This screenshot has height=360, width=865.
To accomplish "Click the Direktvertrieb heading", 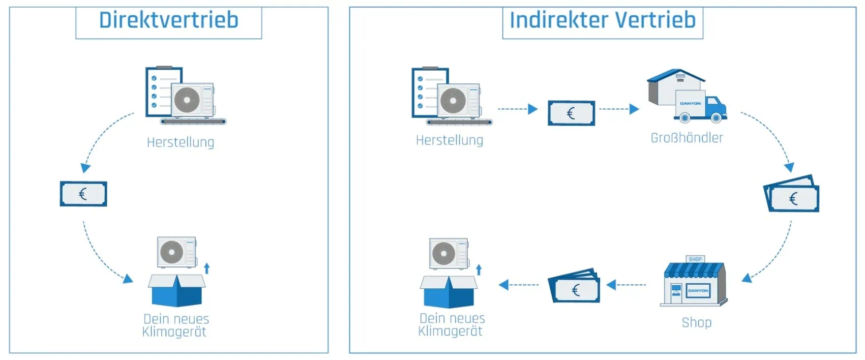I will tap(168, 20).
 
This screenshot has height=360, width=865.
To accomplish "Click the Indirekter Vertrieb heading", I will tap(602, 20).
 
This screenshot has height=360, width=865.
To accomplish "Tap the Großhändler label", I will tap(687, 138).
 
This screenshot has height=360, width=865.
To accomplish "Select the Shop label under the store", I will tap(696, 322).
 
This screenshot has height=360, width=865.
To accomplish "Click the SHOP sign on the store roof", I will tap(695, 259).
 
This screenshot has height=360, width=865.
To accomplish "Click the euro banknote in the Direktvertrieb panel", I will tap(83, 194).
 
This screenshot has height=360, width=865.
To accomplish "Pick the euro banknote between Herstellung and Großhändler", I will tap(571, 113).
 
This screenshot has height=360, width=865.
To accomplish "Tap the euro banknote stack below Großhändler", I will tap(792, 194).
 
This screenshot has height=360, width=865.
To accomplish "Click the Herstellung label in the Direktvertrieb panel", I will tap(180, 142).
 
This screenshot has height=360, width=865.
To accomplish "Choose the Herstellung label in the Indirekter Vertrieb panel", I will tap(449, 140).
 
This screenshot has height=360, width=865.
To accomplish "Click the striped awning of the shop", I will tap(695, 270).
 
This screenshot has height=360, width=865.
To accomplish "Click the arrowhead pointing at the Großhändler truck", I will tap(634, 109).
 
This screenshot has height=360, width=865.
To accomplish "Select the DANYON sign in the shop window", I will tap(698, 291).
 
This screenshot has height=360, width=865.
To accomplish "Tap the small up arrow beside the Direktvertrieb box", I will tap(206, 268).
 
